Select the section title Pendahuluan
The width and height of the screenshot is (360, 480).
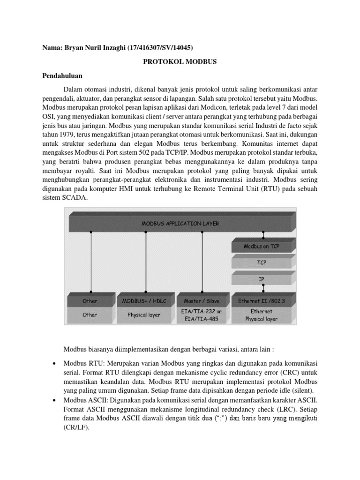pos(62,75)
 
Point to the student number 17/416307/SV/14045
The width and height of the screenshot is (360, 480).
pos(159,47)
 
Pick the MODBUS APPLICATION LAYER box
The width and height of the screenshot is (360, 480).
pos(180,224)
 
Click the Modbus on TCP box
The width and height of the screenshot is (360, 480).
pos(261,246)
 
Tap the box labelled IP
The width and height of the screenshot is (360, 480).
pos(261,279)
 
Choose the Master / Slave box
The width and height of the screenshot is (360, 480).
pos(202,300)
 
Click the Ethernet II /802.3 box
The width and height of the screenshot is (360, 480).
pos(261,300)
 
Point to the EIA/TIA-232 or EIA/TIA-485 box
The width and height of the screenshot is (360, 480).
pos(202,315)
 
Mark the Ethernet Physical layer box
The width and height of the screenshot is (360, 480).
pos(261,315)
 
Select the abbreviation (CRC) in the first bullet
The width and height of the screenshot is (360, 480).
pos(293,375)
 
